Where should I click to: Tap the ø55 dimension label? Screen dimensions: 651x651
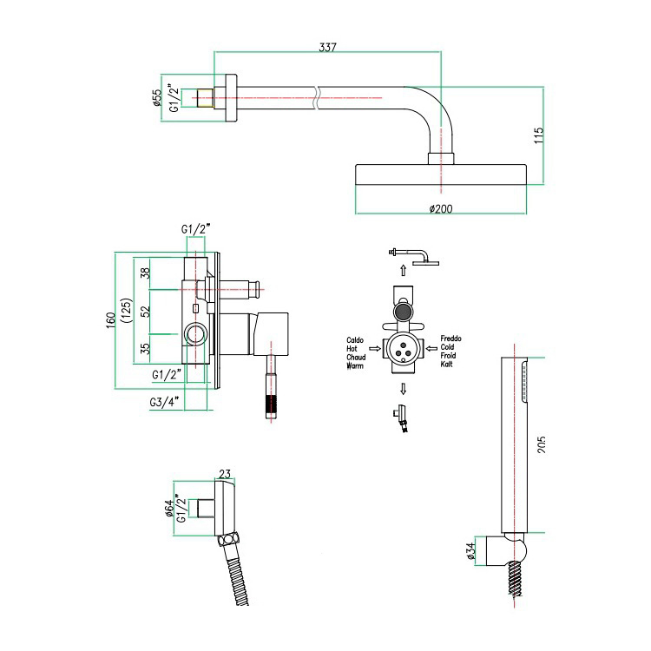tap(157, 98)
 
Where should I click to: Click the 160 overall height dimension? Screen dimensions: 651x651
tap(110, 320)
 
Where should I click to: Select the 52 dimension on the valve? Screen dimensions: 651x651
tap(146, 310)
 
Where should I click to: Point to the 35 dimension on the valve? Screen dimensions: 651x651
tap(146, 349)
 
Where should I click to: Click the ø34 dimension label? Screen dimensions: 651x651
tap(470, 551)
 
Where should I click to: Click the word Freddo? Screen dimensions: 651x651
tap(452, 339)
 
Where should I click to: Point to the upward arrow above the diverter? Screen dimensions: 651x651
tap(402, 270)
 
